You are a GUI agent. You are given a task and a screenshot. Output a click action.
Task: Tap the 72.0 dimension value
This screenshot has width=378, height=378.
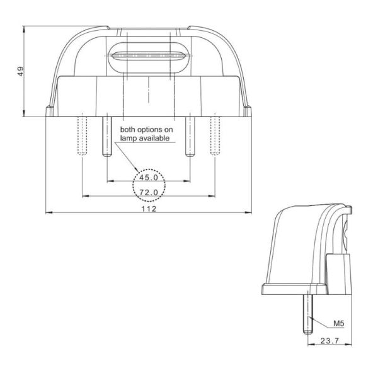(x=149, y=192)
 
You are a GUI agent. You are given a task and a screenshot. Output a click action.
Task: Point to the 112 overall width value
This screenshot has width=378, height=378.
(x=148, y=207)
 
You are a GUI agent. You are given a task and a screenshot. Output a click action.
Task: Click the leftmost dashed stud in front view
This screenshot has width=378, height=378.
(x=80, y=135)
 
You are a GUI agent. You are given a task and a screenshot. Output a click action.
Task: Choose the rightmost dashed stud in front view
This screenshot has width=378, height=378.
(x=216, y=135)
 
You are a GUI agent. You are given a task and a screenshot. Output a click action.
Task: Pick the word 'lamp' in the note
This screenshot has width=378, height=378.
(x=129, y=138)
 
